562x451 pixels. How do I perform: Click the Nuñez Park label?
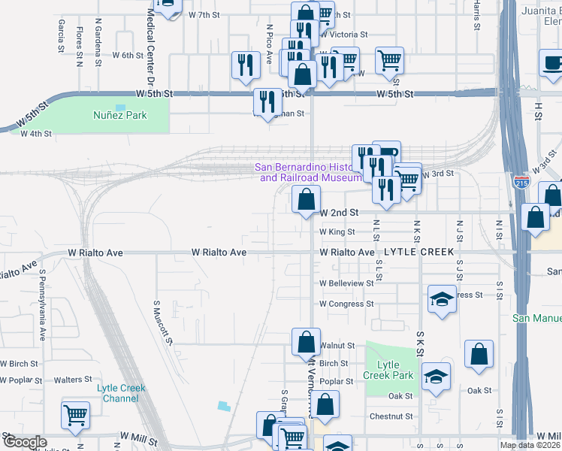coord(119,115)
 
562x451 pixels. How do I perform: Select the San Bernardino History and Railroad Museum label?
coord(309,173)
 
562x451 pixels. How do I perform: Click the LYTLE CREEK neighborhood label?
coord(415,253)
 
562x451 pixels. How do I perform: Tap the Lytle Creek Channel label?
coord(120,393)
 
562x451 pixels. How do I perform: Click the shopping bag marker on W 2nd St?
coord(306,200)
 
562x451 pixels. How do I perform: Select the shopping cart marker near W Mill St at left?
coord(75,416)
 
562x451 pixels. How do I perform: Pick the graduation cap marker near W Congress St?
coord(443,299)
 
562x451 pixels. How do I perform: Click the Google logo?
coord(25,442)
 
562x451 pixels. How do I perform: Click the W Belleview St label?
coord(346,283)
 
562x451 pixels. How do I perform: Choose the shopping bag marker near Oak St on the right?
coord(479,356)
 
